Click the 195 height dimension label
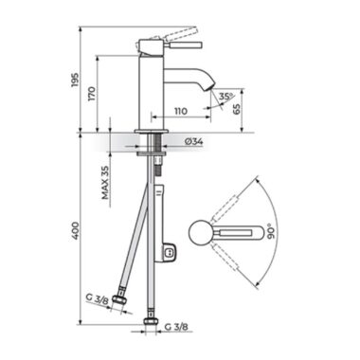(x=75, y=81)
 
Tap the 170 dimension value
(x=92, y=94)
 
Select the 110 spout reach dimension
(x=180, y=111)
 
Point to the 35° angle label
(x=225, y=97)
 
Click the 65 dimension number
(x=236, y=108)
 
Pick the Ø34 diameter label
(x=193, y=142)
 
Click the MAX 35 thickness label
(x=105, y=183)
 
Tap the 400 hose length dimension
(x=75, y=230)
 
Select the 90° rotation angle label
(x=272, y=231)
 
